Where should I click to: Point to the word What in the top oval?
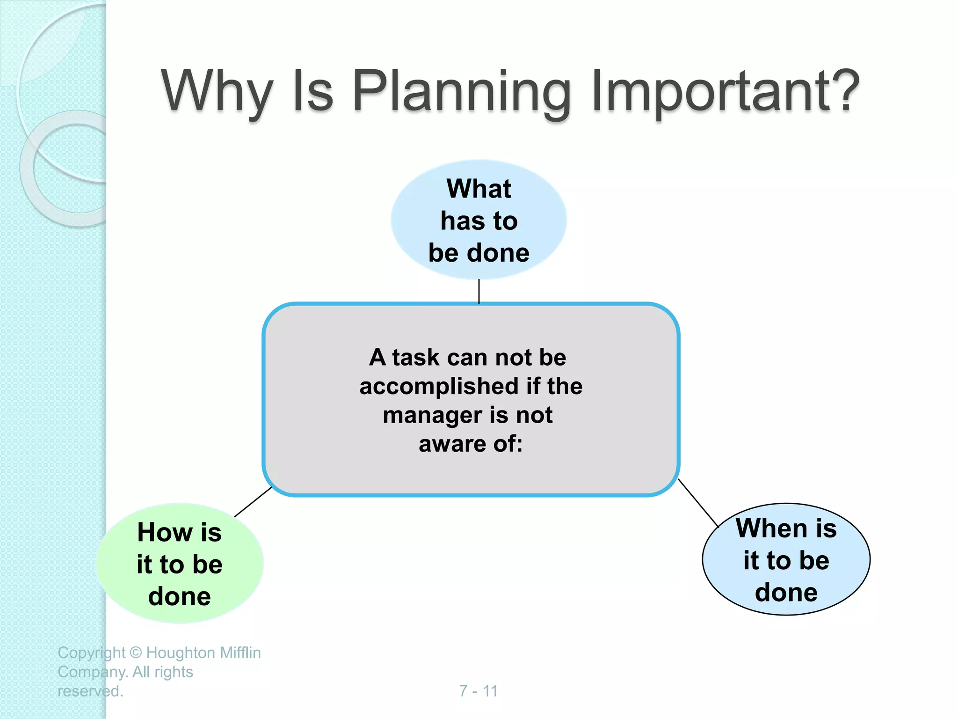click(479, 189)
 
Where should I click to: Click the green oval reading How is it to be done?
click(180, 564)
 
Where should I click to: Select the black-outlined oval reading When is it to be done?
click(786, 559)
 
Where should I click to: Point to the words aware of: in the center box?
click(470, 444)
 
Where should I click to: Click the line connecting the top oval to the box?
click(479, 291)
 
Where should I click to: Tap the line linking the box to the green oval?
click(253, 502)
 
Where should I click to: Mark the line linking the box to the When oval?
click(698, 503)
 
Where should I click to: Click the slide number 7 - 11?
click(478, 691)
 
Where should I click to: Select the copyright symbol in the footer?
click(136, 653)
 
